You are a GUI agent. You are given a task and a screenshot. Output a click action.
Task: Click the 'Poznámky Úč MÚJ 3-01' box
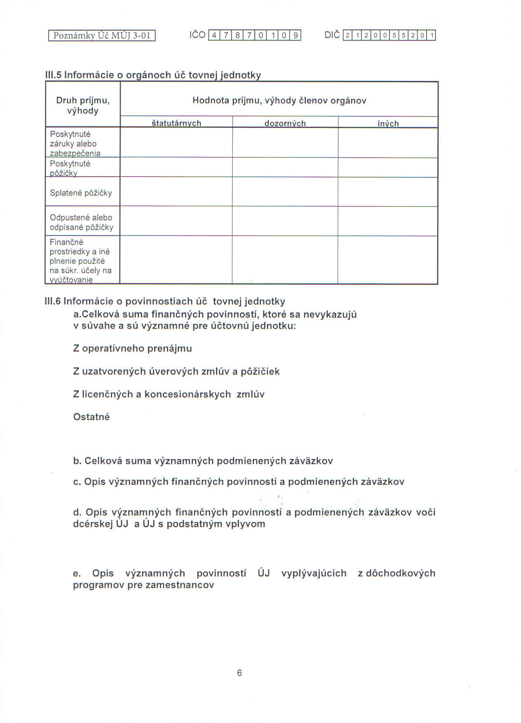click(102, 35)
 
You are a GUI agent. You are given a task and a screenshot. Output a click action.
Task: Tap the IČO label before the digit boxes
click(197, 35)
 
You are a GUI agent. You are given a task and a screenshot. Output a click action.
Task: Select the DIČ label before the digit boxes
click(332, 35)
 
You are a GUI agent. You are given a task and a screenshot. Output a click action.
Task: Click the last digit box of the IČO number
click(296, 35)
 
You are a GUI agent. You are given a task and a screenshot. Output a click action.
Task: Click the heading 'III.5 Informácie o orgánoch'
click(153, 75)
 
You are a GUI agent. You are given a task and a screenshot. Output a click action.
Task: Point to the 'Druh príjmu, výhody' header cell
click(83, 106)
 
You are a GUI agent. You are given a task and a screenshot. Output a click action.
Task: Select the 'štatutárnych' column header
click(176, 123)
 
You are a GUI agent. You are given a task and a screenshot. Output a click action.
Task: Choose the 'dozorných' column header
click(285, 123)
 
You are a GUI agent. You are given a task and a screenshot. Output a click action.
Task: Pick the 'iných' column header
click(388, 123)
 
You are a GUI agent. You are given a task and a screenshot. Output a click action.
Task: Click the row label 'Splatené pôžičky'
click(81, 193)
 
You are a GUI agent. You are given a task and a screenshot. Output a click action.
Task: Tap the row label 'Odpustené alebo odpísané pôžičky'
click(82, 222)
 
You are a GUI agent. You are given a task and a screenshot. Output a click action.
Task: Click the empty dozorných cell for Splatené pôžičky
click(285, 192)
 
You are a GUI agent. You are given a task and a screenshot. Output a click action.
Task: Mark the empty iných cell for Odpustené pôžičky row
click(387, 221)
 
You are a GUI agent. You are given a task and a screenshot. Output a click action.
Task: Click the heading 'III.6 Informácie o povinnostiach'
click(164, 301)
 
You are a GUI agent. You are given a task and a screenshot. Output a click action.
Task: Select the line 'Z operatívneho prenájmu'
click(132, 348)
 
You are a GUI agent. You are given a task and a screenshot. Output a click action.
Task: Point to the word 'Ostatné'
click(92, 417)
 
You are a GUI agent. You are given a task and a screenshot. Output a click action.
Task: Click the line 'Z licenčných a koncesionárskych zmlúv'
click(169, 394)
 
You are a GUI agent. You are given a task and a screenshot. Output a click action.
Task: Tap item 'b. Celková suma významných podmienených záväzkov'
click(203, 461)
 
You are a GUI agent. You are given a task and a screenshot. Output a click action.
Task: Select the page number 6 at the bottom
click(239, 673)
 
